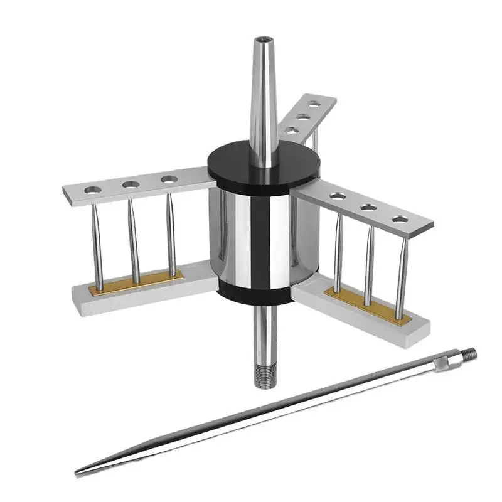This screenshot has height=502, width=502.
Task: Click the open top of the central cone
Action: [x=262, y=41]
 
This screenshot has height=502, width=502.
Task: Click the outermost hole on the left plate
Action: [x=93, y=189]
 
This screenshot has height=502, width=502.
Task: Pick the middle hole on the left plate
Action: [x=131, y=184]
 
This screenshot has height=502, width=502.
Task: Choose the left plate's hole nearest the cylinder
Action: [x=168, y=179]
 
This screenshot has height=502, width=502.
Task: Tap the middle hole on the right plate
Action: [x=368, y=207]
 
